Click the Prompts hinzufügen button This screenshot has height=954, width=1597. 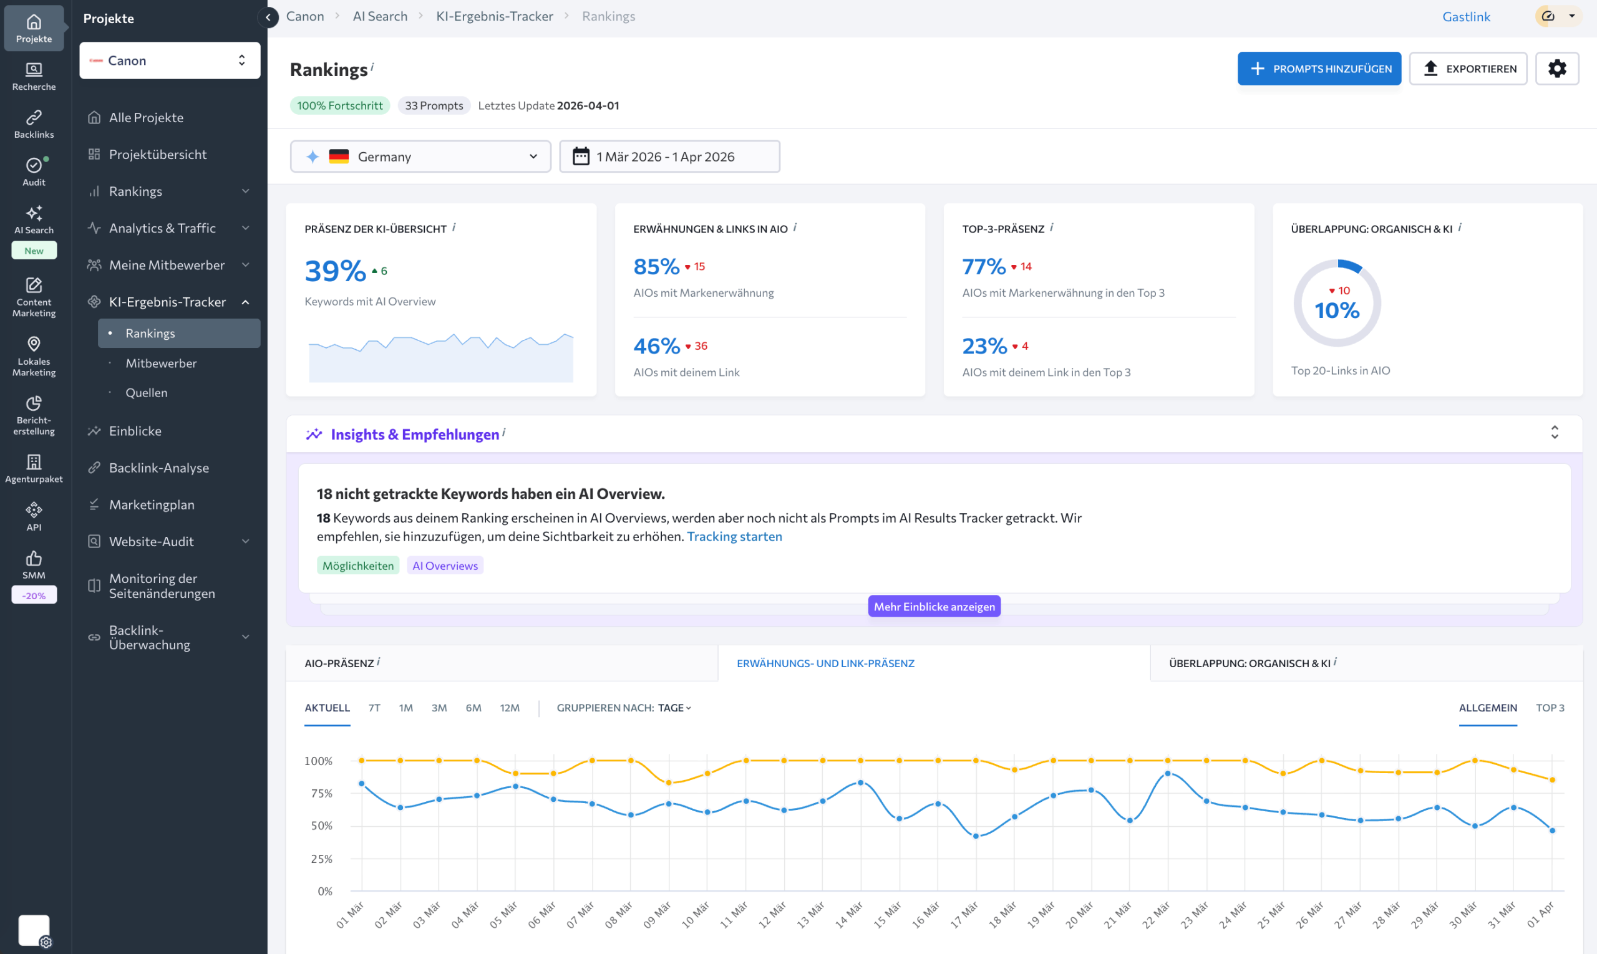pos(1319,69)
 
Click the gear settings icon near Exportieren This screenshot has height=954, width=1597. pos(1556,69)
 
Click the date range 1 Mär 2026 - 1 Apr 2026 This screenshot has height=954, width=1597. pos(669,157)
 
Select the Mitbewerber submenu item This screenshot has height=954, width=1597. pos(161,364)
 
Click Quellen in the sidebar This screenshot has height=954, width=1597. pos(146,393)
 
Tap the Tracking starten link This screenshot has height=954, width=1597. pos(734,536)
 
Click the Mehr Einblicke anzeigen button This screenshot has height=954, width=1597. pos(933,606)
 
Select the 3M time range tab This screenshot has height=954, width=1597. pos(439,708)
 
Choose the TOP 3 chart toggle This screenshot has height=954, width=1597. pos(1550,708)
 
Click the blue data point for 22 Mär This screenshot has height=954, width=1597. pos(1167,774)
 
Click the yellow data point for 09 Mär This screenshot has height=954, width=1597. pos(669,783)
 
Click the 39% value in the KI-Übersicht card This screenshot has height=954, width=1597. pos(335,271)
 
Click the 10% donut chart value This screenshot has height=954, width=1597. pos(1336,311)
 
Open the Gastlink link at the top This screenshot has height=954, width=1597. pos(1466,17)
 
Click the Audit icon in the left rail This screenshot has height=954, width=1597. pos(34,171)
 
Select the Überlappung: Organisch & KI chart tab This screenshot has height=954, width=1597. pos(1249,663)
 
